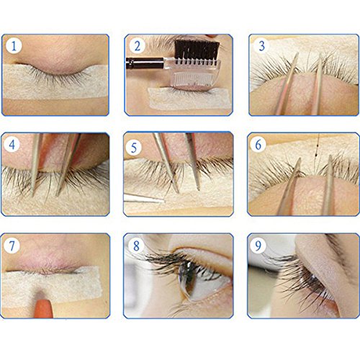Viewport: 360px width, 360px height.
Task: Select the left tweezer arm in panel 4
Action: [x=35, y=166]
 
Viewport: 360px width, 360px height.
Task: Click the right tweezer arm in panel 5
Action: [x=193, y=162]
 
